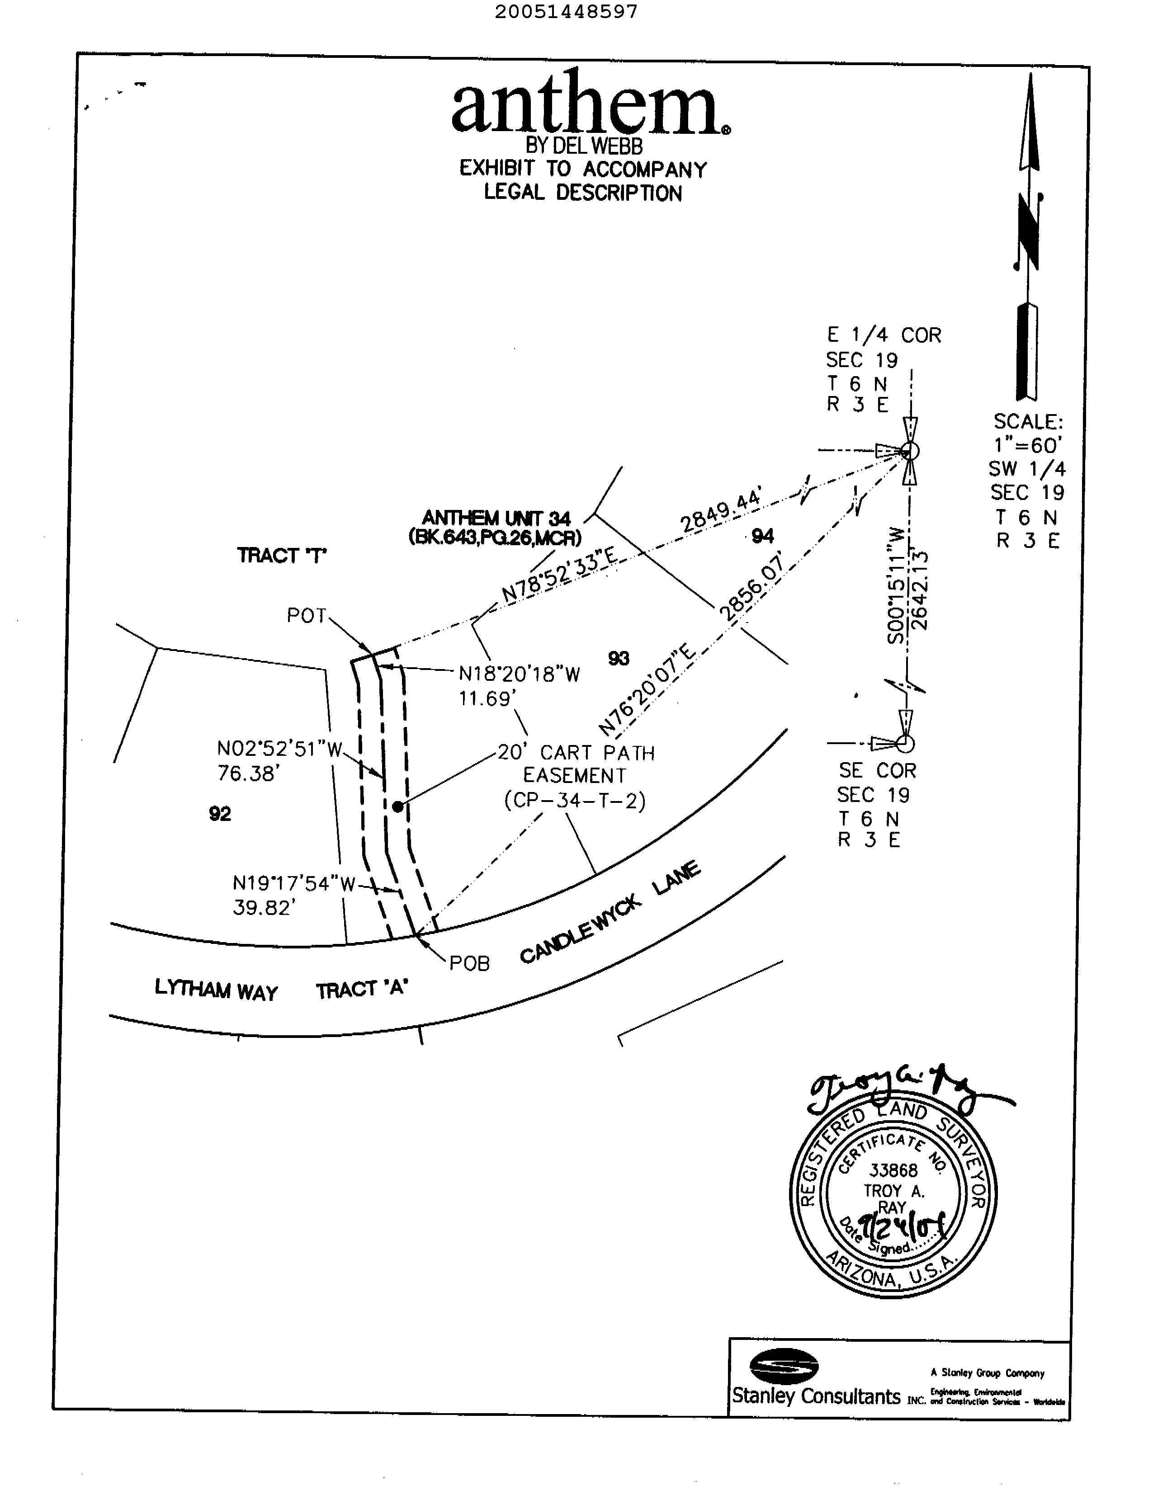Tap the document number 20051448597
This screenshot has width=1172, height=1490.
[566, 12]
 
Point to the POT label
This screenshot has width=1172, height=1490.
[307, 616]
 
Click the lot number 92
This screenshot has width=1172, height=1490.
[220, 814]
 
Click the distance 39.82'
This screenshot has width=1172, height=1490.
[264, 908]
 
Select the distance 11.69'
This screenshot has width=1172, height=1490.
[487, 699]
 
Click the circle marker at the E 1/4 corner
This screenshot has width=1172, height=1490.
[910, 451]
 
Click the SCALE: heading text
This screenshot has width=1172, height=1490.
[1028, 421]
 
